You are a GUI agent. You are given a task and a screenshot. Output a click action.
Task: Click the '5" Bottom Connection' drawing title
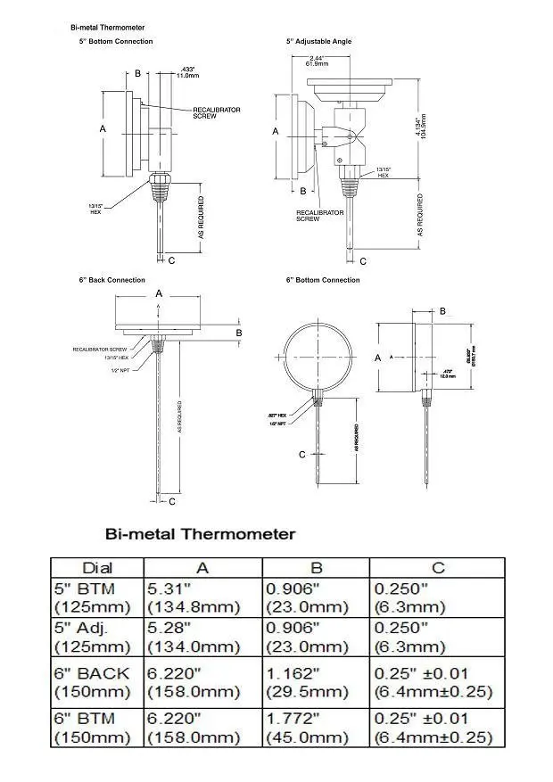115,41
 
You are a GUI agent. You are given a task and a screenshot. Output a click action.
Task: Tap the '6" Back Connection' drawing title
111,280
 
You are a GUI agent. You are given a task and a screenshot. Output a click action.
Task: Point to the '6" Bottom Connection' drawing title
323,280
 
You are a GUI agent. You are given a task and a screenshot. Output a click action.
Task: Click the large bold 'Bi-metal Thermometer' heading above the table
200,534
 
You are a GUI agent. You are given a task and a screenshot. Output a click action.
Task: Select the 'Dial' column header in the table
97,567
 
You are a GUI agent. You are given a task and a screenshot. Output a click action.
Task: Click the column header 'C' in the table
437,567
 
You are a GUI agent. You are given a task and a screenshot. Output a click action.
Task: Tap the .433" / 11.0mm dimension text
186,72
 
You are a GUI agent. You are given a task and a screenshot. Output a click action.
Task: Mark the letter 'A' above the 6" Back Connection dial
159,292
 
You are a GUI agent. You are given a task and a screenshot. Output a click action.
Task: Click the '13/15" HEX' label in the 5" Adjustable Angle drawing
383,172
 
